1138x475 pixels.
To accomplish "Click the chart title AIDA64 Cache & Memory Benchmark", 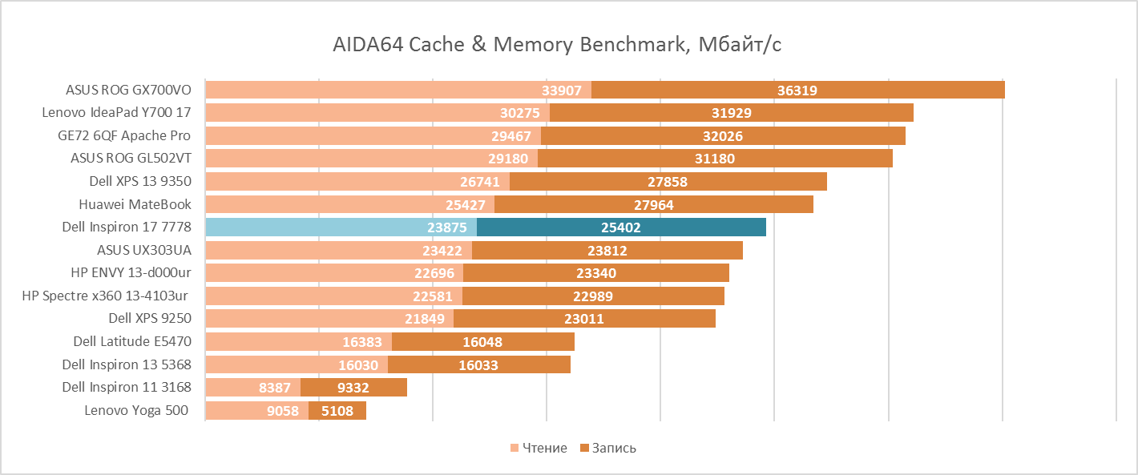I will point(557,44).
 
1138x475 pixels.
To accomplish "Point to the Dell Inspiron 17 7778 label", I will point(127,227).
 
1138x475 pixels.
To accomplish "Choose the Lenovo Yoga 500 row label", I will point(136,411).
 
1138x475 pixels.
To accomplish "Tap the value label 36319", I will point(797,91).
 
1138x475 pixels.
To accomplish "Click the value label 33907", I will point(562,91).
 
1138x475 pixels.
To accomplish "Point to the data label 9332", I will point(353,388).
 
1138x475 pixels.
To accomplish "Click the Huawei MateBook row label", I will point(135,204).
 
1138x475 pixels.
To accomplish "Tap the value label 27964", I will point(653,205).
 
